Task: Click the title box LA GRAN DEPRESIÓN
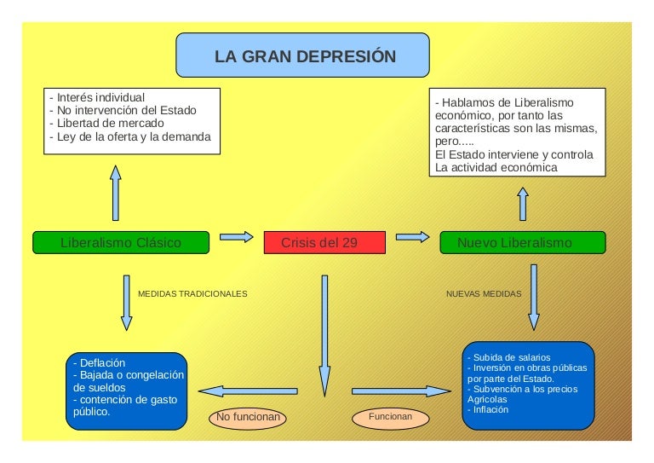coord(302,56)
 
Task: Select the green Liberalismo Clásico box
coord(121,243)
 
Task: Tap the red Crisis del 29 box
coord(324,243)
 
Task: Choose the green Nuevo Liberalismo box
coord(522,243)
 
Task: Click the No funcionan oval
coord(248,418)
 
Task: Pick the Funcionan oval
coord(391,418)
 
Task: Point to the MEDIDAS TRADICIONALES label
coord(192,293)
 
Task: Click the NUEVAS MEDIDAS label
coord(484,293)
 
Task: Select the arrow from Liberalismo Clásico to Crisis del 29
coord(236,237)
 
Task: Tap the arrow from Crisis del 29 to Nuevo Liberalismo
coord(412,237)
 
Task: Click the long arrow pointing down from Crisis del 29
coord(324,333)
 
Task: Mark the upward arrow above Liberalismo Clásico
coord(116,193)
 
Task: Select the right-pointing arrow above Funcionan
coord(400,391)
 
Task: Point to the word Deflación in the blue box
coord(102,362)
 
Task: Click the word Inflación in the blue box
coord(490,409)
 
